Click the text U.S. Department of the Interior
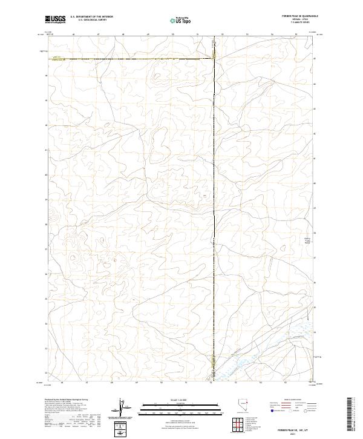tap(91, 18)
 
